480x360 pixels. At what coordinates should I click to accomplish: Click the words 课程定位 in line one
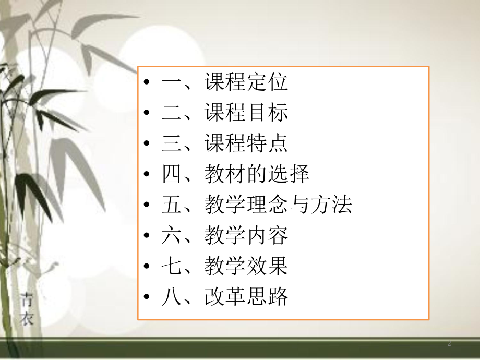click(x=246, y=82)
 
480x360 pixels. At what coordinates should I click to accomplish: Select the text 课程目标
click(x=246, y=113)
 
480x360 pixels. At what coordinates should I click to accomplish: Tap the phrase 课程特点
click(x=246, y=143)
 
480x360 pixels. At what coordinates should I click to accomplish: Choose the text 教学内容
click(x=246, y=236)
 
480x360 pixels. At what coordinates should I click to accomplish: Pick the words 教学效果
click(x=246, y=267)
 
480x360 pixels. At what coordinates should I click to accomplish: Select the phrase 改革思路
click(x=246, y=297)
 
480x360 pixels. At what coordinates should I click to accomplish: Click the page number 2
click(x=449, y=345)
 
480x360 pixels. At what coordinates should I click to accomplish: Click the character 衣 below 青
click(x=27, y=317)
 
